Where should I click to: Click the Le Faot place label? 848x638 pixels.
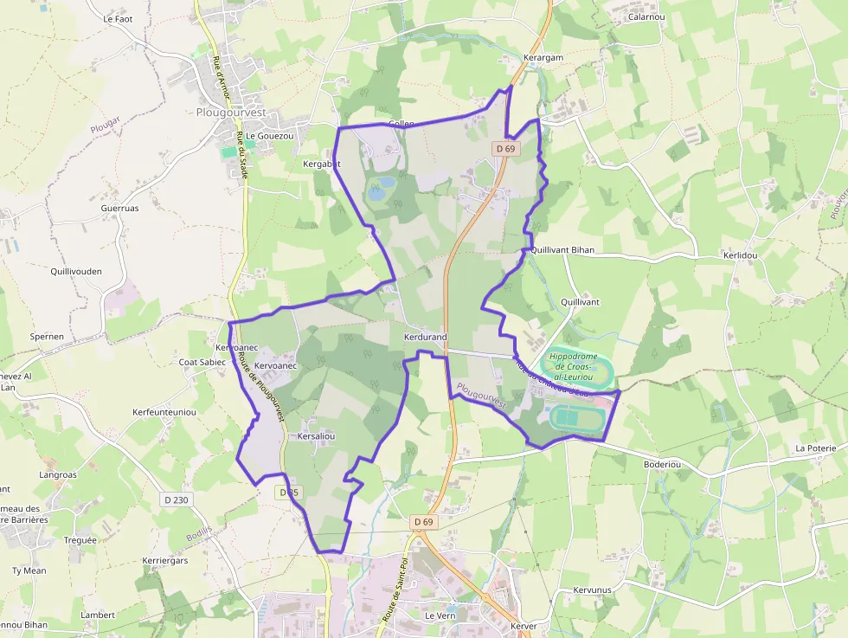point(118,18)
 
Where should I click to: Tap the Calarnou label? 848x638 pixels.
point(646,16)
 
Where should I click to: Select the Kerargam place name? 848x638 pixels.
point(543,58)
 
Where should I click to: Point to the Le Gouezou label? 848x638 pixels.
point(270,136)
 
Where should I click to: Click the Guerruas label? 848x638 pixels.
point(119,209)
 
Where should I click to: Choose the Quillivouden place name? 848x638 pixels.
point(76,271)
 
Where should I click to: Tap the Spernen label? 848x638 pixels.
point(47,336)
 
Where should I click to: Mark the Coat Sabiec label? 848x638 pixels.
point(202,362)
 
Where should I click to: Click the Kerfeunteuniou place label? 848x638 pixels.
point(164,412)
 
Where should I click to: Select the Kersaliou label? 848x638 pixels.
point(316,438)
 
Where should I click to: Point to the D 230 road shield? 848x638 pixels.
point(176,499)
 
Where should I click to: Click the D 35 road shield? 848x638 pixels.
point(289,492)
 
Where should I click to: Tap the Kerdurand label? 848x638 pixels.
point(425,336)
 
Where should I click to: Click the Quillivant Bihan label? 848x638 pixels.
point(562,249)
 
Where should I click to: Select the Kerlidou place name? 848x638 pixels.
point(740,256)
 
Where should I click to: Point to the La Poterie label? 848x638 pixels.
point(816,448)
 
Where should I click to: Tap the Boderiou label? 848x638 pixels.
point(663,465)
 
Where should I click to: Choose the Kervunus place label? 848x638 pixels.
point(593,590)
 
